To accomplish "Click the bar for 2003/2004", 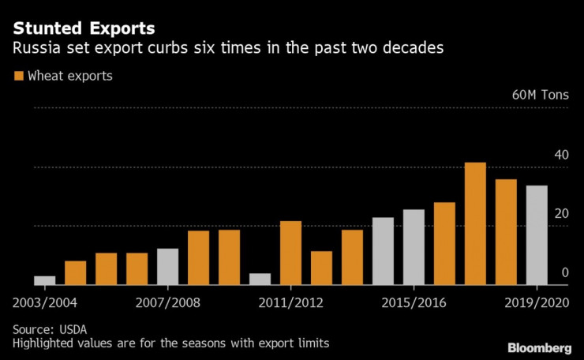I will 44,279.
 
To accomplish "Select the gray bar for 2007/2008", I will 167,266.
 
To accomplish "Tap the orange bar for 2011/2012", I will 290,253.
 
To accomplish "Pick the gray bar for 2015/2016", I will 414,246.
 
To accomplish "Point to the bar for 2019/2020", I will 537,234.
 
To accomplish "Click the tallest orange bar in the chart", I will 475,223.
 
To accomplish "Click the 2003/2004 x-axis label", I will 44,302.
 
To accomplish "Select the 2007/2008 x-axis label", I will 167,302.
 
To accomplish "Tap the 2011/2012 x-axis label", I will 290,302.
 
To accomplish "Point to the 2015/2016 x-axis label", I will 414,302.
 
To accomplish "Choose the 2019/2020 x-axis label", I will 537,302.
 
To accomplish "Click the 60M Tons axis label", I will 540,96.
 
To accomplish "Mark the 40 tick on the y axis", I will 561,155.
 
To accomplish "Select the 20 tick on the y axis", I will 561,214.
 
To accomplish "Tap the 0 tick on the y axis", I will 565,273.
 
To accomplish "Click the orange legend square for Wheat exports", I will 18,77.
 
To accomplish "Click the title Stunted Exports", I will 84,28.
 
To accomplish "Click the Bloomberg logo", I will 540,347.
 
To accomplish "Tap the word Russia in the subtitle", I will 35,49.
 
